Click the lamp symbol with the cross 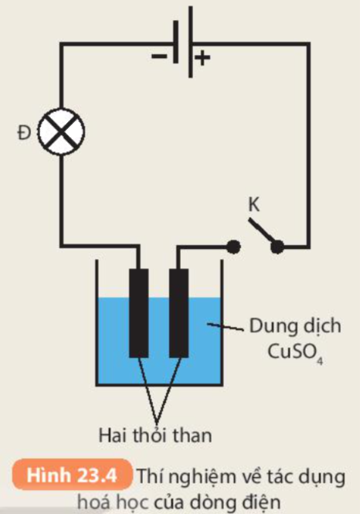[61, 131]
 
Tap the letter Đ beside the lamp [24, 133]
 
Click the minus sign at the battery [159, 56]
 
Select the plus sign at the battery [202, 58]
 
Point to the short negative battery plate [176, 42]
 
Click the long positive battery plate [191, 42]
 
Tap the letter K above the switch [254, 205]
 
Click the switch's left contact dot [233, 247]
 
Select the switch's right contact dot [277, 247]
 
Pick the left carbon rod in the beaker [139, 313]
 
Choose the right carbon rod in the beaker [179, 313]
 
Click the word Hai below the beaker [112, 436]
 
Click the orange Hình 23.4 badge [72, 475]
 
